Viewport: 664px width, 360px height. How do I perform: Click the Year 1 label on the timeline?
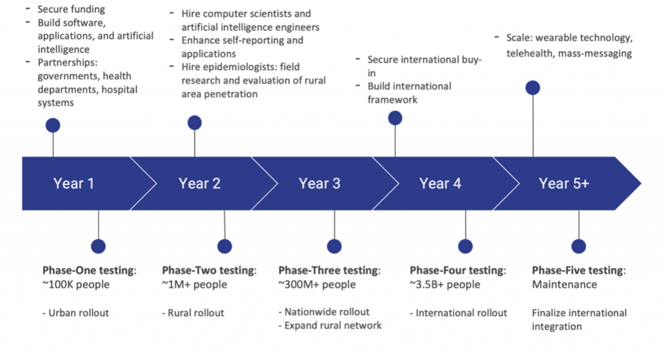tap(73, 184)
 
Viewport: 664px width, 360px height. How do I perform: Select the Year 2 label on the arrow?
tap(200, 184)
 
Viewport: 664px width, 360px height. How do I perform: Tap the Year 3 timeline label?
tap(319, 184)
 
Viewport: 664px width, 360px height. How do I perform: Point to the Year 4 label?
tap(440, 184)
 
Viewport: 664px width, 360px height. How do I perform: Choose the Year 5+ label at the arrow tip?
tap(563, 184)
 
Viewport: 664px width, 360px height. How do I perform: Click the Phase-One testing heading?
tap(89, 270)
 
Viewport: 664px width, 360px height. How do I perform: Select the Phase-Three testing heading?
tap(329, 270)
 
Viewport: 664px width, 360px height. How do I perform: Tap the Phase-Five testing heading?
tap(578, 270)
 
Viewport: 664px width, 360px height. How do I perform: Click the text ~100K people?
tap(76, 285)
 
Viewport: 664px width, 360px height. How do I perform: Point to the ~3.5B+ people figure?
tap(445, 285)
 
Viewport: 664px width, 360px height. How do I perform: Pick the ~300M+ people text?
tap(317, 285)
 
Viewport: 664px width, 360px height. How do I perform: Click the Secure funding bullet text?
tap(71, 9)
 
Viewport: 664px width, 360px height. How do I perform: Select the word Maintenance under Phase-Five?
tap(565, 285)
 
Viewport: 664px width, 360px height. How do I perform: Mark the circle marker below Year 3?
tap(334, 246)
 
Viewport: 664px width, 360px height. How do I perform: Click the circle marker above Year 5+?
tap(533, 88)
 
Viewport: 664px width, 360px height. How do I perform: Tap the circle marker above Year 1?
tap(53, 125)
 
